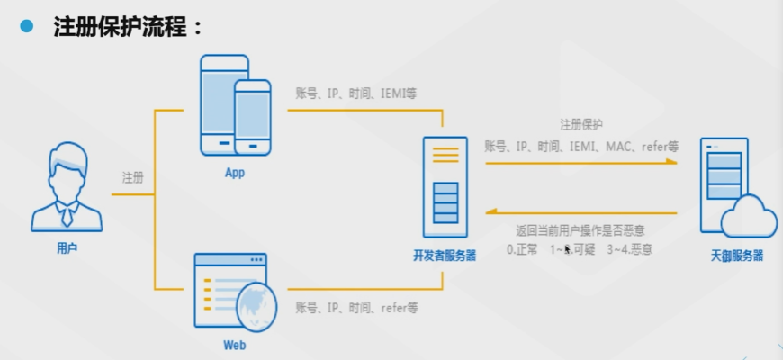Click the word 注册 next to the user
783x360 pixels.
[x=133, y=178]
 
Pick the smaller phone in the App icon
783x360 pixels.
[x=253, y=118]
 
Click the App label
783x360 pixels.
[x=234, y=173]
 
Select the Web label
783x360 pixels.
[x=234, y=345]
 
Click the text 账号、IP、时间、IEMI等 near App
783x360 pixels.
[x=355, y=93]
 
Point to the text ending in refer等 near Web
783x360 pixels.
[x=357, y=307]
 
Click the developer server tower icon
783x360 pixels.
[x=445, y=186]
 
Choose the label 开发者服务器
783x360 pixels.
[x=445, y=256]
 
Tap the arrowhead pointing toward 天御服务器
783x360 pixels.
[x=672, y=163]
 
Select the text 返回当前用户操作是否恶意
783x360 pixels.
[x=580, y=230]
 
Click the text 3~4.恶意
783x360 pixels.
[x=629, y=248]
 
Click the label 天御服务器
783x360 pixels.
[x=736, y=256]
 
